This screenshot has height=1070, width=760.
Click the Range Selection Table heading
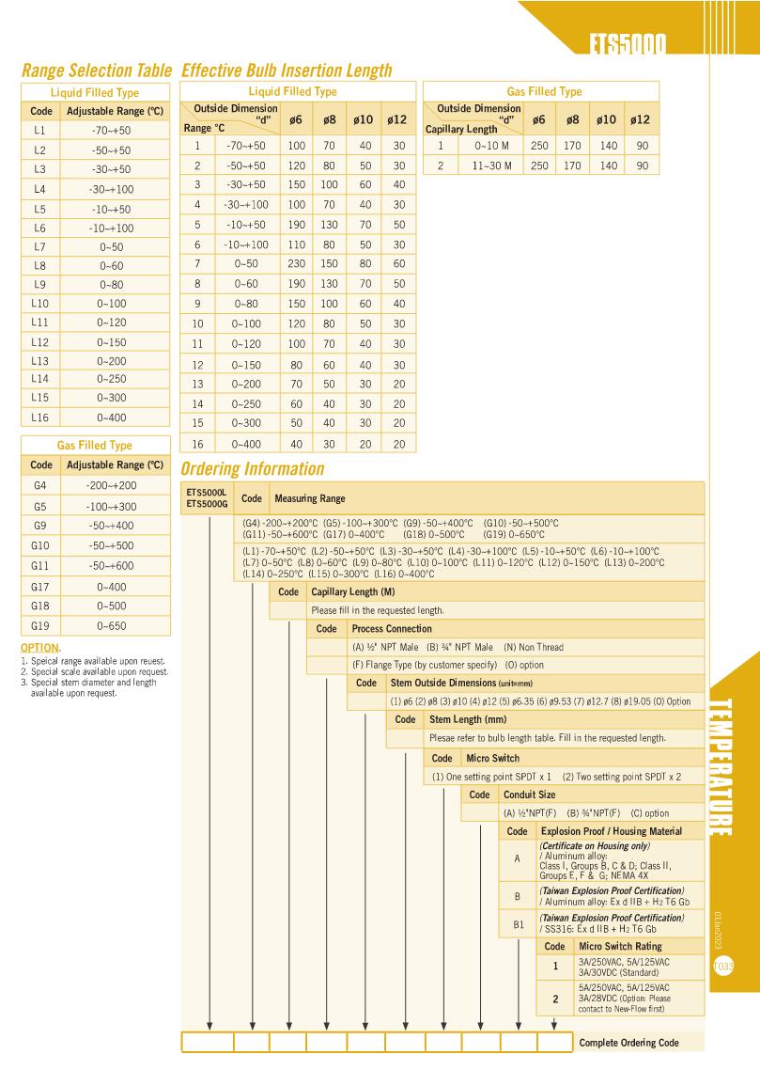click(x=96, y=71)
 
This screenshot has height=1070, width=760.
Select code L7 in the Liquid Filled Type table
click(x=39, y=246)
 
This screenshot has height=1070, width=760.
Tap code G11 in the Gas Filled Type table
click(x=39, y=567)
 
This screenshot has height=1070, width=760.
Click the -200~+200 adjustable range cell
click(x=116, y=485)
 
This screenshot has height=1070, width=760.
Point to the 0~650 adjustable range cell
click(x=116, y=626)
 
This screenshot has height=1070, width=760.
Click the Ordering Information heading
click(x=252, y=469)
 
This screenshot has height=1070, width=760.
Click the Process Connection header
click(x=392, y=628)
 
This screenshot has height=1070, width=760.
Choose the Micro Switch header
click(x=492, y=758)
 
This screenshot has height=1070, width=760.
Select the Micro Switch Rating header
click(x=620, y=946)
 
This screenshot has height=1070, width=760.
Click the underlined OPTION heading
click(x=39, y=648)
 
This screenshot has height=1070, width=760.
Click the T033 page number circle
click(x=724, y=966)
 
